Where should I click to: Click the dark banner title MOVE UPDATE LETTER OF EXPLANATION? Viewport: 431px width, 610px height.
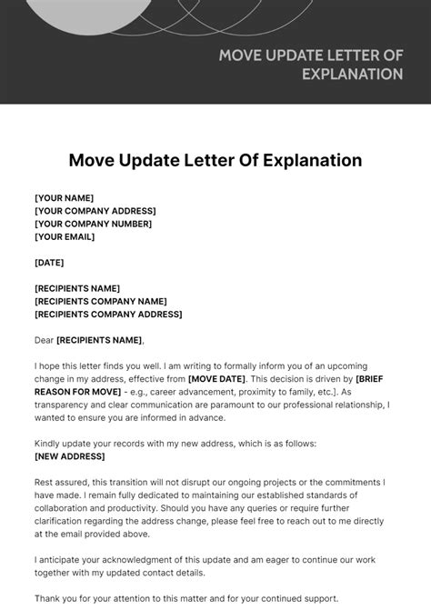pyautogui.click(x=310, y=65)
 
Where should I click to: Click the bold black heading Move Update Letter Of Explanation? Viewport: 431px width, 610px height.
pyautogui.click(x=215, y=160)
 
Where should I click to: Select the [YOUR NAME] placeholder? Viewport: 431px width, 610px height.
pyautogui.click(x=64, y=198)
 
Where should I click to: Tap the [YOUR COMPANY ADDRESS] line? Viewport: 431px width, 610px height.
pyautogui.click(x=95, y=211)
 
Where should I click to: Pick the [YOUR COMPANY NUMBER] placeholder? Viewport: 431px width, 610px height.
pyautogui.click(x=94, y=224)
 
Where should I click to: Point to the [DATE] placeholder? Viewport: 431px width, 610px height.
pyautogui.click(x=49, y=262)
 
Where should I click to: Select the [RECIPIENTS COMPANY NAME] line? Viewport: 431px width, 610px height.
pyautogui.click(x=100, y=301)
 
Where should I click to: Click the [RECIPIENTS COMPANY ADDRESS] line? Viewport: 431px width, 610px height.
pyautogui.click(x=108, y=314)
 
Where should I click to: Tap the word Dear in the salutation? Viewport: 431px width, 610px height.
pyautogui.click(x=45, y=340)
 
